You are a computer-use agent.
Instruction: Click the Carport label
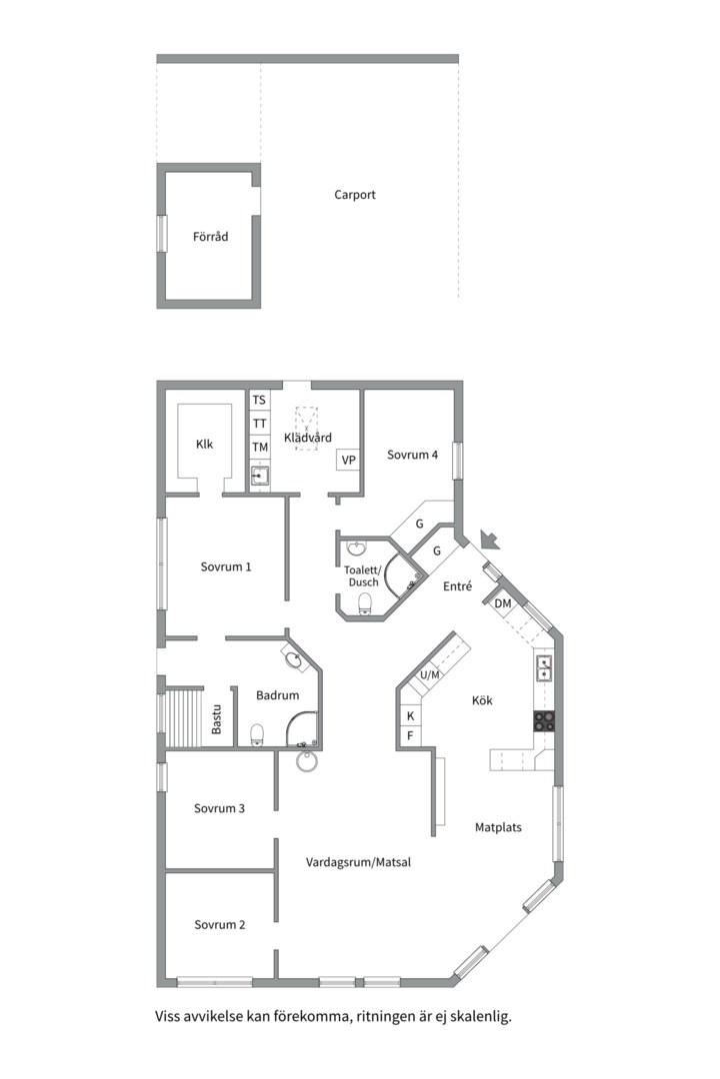(355, 195)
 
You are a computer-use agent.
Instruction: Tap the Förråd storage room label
(210, 237)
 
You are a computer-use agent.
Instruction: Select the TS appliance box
(259, 400)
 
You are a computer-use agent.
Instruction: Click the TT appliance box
(259, 424)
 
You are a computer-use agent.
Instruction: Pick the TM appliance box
(259, 448)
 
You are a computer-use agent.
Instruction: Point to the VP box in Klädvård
(349, 460)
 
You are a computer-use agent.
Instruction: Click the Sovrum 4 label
(412, 455)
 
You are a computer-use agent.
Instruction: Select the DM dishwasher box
(503, 603)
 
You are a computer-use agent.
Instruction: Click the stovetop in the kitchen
(544, 720)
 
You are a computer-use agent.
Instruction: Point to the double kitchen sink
(544, 667)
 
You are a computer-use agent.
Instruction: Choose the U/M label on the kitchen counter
(430, 675)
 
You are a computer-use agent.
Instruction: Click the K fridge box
(411, 716)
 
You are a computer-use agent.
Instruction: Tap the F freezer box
(411, 736)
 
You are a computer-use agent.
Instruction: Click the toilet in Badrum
(257, 734)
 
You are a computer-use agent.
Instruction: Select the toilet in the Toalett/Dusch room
(365, 603)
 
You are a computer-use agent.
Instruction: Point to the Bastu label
(216, 718)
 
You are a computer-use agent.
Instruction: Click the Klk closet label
(205, 445)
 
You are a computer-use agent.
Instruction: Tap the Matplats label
(498, 828)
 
